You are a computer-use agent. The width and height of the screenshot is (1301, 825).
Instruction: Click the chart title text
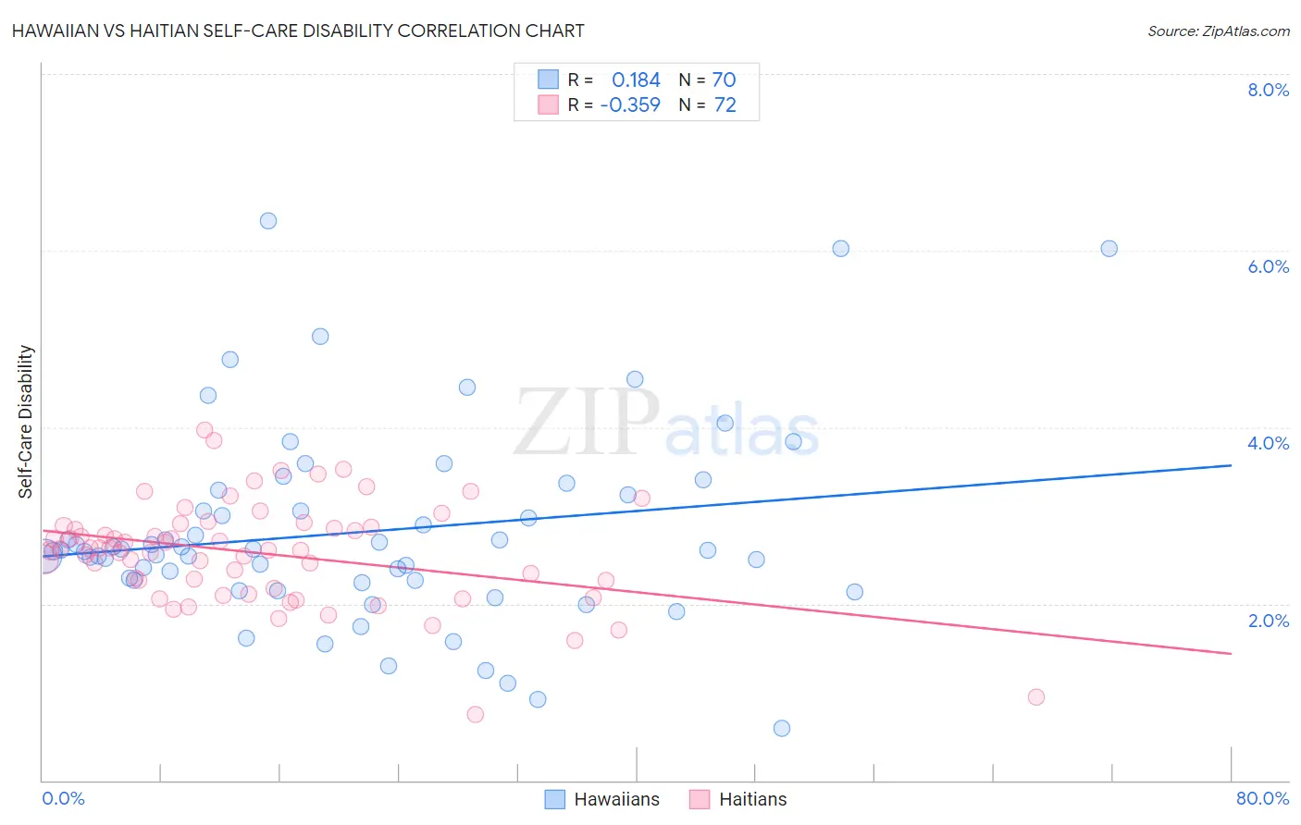[298, 31]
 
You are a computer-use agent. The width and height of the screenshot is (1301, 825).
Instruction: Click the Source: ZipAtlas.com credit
[1218, 31]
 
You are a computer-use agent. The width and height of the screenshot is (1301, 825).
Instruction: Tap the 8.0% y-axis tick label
[1268, 90]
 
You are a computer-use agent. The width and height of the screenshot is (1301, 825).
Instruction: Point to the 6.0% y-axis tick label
[1268, 266]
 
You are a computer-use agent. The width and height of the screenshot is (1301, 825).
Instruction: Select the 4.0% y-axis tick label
[1268, 443]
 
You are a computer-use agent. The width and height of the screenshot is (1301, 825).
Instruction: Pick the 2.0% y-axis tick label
[1268, 620]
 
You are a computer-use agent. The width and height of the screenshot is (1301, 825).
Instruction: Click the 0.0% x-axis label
[63, 798]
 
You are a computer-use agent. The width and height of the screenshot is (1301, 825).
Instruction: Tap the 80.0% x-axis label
[1262, 798]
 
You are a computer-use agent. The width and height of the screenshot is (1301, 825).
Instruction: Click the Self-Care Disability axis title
[26, 422]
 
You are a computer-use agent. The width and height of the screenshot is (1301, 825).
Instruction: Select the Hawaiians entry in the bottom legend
[616, 799]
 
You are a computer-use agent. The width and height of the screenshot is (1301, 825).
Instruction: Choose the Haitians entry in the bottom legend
[752, 799]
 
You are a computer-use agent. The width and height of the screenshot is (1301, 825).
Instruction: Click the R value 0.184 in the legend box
[636, 80]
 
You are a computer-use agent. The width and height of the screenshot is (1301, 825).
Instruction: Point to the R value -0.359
[630, 105]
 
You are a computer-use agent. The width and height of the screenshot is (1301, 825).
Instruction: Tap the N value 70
[724, 80]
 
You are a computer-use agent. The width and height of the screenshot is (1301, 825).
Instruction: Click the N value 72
[725, 105]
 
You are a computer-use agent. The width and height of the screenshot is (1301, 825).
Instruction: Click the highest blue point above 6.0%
[268, 220]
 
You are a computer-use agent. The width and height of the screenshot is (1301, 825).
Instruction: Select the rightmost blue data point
[1109, 248]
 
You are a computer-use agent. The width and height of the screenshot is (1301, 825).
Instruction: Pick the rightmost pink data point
[1036, 696]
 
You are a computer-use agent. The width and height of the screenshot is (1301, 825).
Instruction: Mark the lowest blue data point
[782, 728]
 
